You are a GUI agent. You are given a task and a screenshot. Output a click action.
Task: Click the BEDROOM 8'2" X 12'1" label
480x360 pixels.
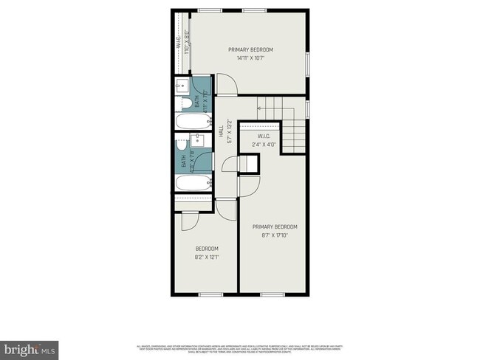(x=206, y=253)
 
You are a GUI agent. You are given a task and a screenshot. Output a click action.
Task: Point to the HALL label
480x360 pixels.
(x=221, y=132)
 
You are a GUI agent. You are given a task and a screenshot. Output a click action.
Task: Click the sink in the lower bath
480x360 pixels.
(x=198, y=143)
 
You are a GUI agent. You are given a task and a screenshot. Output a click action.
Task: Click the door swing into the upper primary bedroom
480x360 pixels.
(x=227, y=86)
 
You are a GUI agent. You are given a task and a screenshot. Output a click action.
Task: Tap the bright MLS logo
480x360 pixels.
(x=30, y=347)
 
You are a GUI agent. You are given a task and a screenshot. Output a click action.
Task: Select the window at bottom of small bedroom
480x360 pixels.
(x=210, y=295)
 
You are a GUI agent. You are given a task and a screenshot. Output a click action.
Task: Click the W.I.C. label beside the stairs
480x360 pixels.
(x=264, y=136)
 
